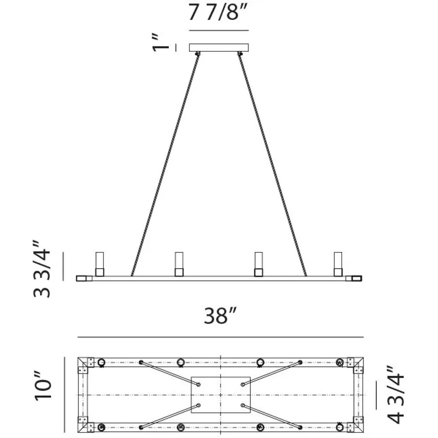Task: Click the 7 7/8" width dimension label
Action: click(x=218, y=12)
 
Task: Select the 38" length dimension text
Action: click(x=220, y=316)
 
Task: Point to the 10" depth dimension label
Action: click(x=43, y=386)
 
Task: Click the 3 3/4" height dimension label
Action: click(x=42, y=269)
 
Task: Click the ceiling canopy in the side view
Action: click(x=219, y=47)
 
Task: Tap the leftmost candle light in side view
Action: click(x=99, y=264)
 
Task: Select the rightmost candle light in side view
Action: click(x=338, y=264)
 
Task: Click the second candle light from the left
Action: click(x=179, y=264)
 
